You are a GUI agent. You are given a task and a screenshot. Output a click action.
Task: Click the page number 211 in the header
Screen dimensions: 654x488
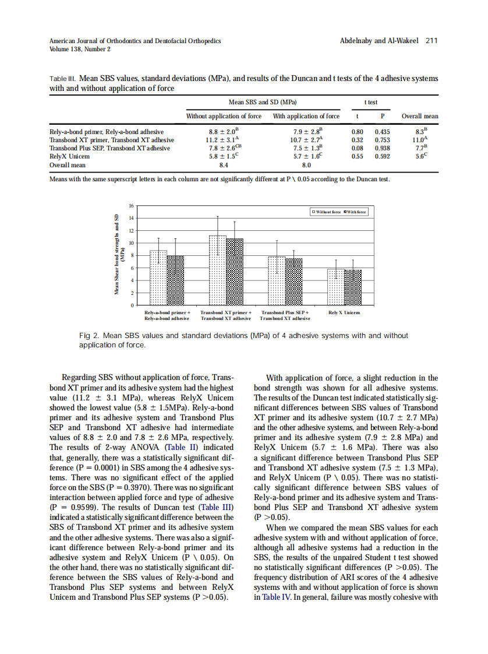[x=432, y=41]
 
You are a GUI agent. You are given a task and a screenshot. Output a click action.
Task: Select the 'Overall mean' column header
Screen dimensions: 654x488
[x=420, y=116]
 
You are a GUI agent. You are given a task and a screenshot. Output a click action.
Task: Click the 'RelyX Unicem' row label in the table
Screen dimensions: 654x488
[x=70, y=156]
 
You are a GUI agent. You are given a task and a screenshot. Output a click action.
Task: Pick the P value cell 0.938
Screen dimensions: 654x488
[x=382, y=148]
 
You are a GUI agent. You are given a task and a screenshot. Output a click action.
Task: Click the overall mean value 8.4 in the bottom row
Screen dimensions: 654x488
[x=222, y=165]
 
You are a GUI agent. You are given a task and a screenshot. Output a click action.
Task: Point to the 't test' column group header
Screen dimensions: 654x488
[x=370, y=102]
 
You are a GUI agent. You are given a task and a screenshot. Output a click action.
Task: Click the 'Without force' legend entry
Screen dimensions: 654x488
[x=327, y=212]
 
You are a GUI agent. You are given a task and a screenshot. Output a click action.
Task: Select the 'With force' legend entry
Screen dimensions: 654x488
[x=355, y=212]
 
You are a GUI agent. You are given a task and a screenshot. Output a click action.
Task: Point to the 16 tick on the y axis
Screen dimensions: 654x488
[x=131, y=205]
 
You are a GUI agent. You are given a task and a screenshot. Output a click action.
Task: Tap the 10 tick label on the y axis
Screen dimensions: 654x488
[x=131, y=243]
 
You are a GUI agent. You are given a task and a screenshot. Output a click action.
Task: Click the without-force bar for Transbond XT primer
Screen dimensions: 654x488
[x=218, y=270]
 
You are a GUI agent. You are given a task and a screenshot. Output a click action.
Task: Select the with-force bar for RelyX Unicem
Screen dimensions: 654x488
[x=353, y=287]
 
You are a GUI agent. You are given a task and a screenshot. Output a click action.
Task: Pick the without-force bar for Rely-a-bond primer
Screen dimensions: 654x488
[x=158, y=277]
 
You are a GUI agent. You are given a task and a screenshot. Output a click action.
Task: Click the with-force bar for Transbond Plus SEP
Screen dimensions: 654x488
[x=294, y=282]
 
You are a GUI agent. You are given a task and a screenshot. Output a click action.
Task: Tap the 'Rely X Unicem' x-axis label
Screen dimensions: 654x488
[x=344, y=313]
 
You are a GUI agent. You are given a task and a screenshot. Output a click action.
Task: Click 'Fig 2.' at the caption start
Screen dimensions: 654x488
[x=90, y=336]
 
